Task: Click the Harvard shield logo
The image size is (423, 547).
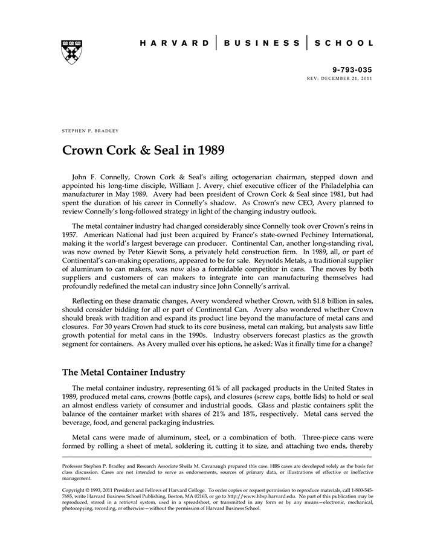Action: tap(71, 52)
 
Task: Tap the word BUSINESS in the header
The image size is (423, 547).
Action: tap(262, 43)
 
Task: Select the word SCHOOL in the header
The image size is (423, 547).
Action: tap(342, 43)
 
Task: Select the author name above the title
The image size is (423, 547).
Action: tap(91, 130)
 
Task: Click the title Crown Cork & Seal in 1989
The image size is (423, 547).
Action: tap(144, 150)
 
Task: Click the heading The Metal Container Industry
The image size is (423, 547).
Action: tap(124, 373)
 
